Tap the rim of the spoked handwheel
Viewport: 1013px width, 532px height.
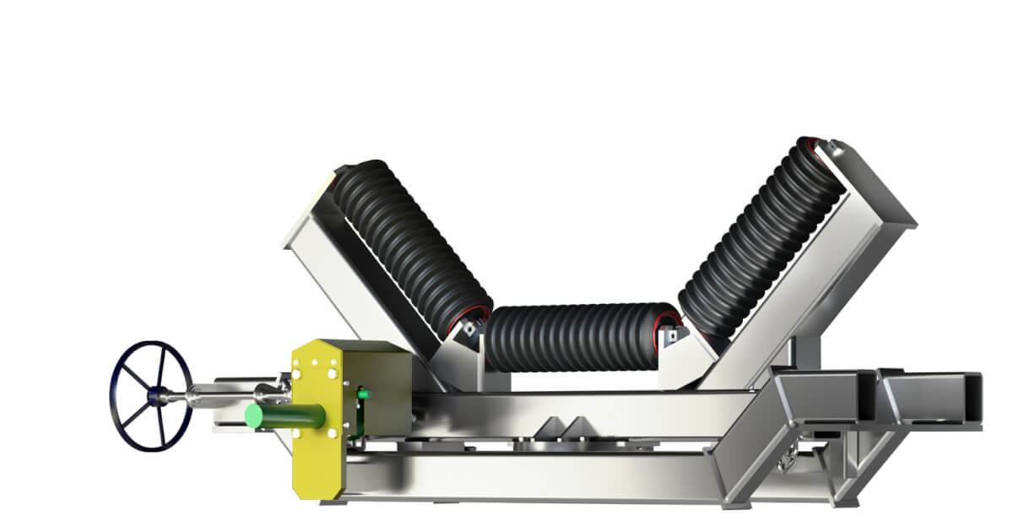(x=117, y=396)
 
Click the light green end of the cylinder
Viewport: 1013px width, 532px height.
(x=253, y=415)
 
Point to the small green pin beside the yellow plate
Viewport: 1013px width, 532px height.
(x=362, y=393)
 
